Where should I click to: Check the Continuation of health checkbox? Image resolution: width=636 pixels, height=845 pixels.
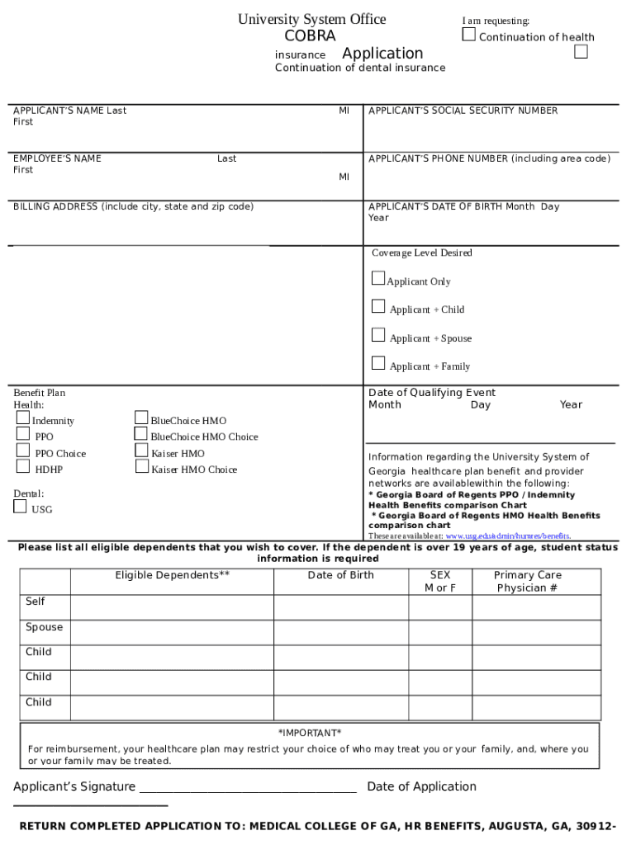point(468,35)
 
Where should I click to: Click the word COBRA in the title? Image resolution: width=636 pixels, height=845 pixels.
point(310,36)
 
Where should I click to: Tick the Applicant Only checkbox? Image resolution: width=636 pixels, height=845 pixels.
point(378,278)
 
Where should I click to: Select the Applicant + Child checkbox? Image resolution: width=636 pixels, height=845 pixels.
point(378,307)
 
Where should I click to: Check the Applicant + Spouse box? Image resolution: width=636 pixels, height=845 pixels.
point(378,335)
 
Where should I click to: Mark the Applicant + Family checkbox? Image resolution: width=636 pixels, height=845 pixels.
point(378,363)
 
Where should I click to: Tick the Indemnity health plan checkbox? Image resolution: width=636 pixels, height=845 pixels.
point(23,418)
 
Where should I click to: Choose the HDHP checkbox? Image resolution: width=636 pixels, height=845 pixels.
point(23,467)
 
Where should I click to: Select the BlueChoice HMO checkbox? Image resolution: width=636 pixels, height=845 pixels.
point(142,418)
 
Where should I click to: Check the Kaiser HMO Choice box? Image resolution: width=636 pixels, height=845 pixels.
point(142,467)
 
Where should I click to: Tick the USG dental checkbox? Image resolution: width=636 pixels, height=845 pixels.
point(20,507)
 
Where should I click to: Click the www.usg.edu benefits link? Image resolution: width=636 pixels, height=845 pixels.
point(507,536)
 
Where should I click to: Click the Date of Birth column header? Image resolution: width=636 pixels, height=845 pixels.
point(340,575)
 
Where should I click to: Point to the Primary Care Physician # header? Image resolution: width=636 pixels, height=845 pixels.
point(527,581)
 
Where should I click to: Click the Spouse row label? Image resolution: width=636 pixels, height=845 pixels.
point(44,627)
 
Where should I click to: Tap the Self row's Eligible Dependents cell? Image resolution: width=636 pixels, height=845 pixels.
point(172,607)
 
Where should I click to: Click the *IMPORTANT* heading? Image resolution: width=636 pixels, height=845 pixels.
point(310,733)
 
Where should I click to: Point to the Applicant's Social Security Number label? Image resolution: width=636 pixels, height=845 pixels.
point(463,111)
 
